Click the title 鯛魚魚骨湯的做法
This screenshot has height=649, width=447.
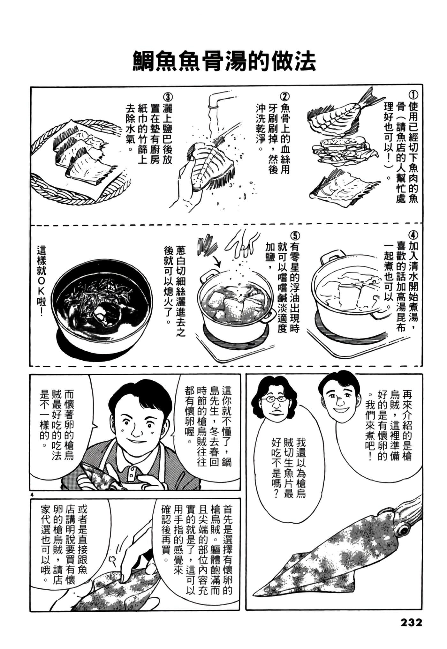click(224, 62)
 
